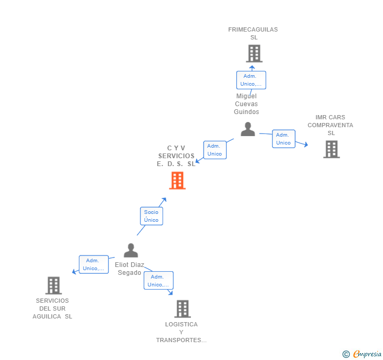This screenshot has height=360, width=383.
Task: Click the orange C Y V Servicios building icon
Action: [x=177, y=181]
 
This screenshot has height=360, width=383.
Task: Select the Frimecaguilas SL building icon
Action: [x=254, y=53]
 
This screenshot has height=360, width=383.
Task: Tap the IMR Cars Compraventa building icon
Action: [x=331, y=149]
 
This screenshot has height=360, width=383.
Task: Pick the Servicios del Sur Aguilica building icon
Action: [x=53, y=285]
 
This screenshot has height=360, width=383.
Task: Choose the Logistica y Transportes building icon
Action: [x=182, y=309]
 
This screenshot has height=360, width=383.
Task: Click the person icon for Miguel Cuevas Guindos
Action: [x=247, y=129]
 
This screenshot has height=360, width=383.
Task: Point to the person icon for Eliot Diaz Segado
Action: [x=130, y=250]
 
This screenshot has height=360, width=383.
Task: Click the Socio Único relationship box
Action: [x=151, y=216]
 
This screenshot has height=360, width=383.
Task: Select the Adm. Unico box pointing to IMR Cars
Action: [x=283, y=139]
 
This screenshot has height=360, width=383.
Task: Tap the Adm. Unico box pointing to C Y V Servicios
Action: [x=215, y=150]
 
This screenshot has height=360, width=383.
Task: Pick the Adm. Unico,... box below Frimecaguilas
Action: [x=250, y=80]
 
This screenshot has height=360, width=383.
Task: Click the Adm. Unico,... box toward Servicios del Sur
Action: [x=93, y=264]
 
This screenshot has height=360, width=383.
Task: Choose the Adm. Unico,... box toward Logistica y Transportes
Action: [x=158, y=281]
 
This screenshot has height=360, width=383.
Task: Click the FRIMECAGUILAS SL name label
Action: [x=253, y=34]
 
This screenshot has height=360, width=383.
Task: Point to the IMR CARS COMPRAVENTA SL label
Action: [x=330, y=125]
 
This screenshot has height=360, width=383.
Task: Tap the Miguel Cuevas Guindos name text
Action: [x=246, y=104]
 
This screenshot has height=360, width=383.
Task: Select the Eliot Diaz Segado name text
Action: [x=129, y=269]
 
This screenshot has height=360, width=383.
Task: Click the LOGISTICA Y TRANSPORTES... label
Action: [x=181, y=332]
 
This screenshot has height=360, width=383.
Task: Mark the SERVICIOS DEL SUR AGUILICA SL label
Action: [x=53, y=308]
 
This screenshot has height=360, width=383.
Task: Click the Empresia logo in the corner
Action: [x=362, y=354]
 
